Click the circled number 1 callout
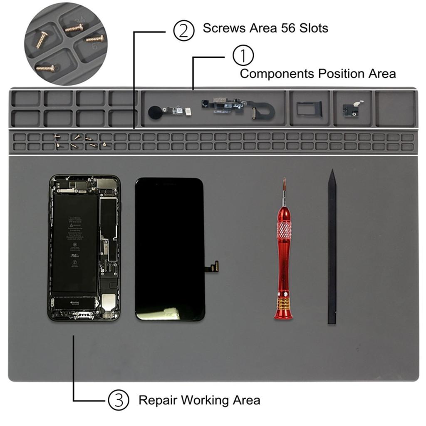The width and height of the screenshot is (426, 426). coord(243,56)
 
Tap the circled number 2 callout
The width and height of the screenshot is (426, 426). coord(183,31)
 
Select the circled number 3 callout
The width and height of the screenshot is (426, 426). coord(119,400)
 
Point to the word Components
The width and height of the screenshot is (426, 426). coord(277,74)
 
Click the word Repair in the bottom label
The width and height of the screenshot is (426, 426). coord(158,400)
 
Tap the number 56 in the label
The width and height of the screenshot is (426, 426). coord(283,28)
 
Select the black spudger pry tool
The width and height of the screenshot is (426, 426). coord(332,250)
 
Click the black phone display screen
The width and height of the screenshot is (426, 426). coord(170,249)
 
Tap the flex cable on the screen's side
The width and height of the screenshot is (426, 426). coord(213,266)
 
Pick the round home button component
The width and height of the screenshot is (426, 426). coord(155,111)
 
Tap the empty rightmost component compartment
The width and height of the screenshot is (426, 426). coord(395,108)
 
